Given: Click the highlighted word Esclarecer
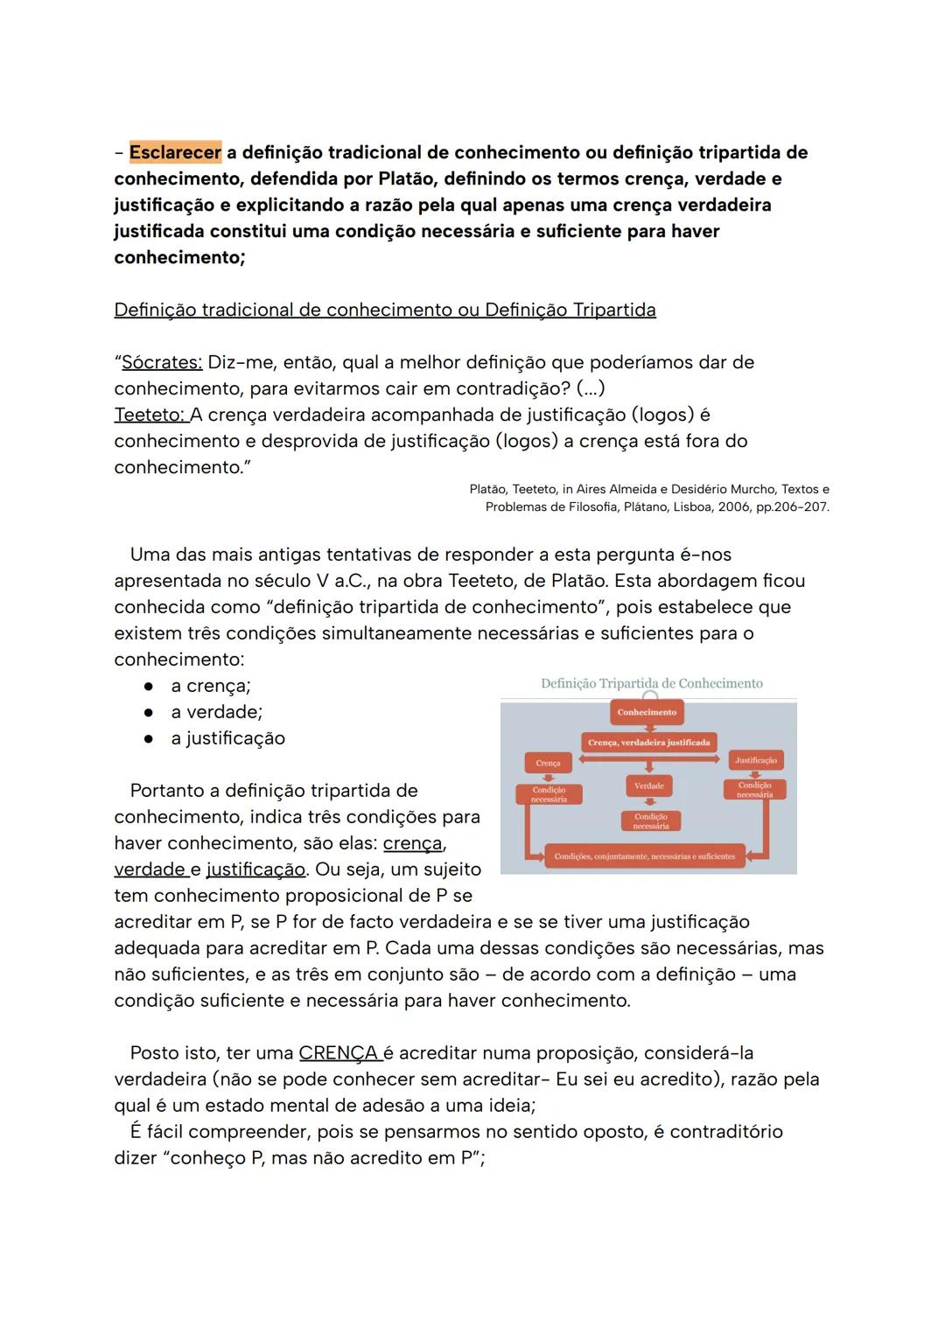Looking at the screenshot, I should [x=175, y=152].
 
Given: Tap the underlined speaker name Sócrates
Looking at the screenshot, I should [x=162, y=362].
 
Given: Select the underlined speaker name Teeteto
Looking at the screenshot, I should [x=150, y=415].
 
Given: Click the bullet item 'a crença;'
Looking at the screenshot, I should [x=210, y=686].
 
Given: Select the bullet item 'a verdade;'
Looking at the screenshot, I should [x=216, y=712].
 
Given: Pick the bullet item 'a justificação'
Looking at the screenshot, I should [x=227, y=738].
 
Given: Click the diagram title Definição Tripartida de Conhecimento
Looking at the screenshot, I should [x=651, y=683].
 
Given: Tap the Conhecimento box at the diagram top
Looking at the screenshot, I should [x=647, y=712].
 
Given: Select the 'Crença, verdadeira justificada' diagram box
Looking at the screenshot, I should [x=648, y=743].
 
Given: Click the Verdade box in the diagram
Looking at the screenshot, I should [x=648, y=786].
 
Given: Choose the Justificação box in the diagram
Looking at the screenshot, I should [x=756, y=760].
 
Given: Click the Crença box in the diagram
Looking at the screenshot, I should [x=548, y=763].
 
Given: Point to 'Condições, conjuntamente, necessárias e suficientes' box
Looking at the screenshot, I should [x=644, y=856].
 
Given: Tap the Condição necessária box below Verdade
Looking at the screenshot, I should [x=651, y=821].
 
